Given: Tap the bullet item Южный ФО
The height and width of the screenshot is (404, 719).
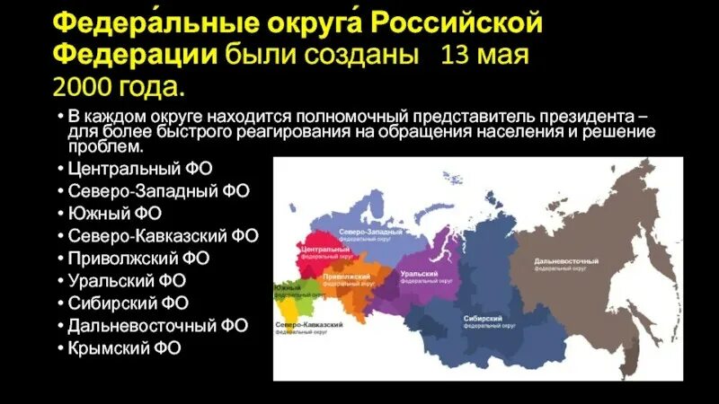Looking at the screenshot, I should [116, 214].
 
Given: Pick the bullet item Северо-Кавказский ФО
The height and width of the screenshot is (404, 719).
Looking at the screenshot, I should [163, 236].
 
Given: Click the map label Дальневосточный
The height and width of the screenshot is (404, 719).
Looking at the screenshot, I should [565, 261].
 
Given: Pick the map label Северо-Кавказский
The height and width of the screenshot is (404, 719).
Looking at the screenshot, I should [302, 323].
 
